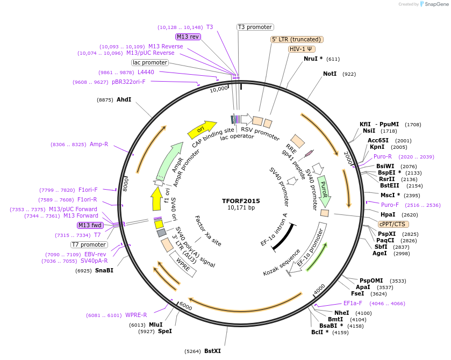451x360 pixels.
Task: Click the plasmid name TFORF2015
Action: pyautogui.click(x=241, y=201)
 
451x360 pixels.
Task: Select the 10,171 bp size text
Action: pyautogui.click(x=241, y=208)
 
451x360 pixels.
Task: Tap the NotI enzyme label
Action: pyautogui.click(x=330, y=74)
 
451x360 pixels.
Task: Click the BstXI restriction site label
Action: pyautogui.click(x=212, y=351)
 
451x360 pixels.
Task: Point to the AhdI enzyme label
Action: pyautogui.click(x=124, y=99)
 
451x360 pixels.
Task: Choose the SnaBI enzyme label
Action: pyautogui.click(x=104, y=270)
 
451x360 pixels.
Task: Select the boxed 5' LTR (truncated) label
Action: pyautogui.click(x=296, y=39)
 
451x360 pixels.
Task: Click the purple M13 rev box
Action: pyautogui.click(x=188, y=37)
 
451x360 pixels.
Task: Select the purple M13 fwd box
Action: pyautogui.click(x=90, y=225)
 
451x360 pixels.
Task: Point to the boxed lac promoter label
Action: pyautogui.click(x=150, y=62)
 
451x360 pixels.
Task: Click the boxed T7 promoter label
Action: pyautogui.click(x=89, y=244)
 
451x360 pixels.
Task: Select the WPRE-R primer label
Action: pyautogui.click(x=136, y=315)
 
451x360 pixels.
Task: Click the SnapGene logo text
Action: pyautogui.click(x=435, y=4)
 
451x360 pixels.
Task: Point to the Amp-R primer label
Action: pyautogui.click(x=99, y=144)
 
